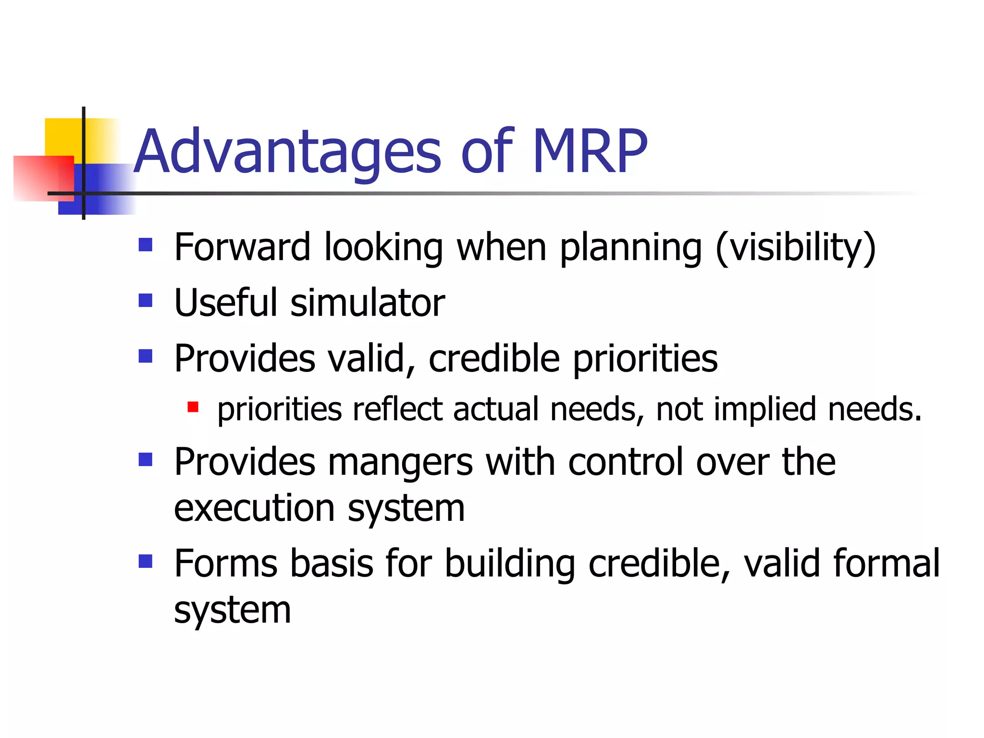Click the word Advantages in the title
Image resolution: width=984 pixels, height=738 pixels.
[x=287, y=152]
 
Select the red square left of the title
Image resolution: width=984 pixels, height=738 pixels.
[x=41, y=178]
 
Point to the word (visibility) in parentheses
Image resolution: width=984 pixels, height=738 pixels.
[x=796, y=248]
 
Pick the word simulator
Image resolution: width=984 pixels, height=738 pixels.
[x=368, y=303]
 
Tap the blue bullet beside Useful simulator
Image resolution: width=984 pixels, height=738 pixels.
[x=146, y=301]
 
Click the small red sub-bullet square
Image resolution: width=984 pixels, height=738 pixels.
[x=193, y=407]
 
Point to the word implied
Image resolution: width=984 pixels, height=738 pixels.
[x=765, y=409]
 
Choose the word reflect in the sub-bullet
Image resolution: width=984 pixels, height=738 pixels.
[x=397, y=409]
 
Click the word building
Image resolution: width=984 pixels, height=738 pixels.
[x=509, y=564]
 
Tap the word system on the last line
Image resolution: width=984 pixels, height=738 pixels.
[x=232, y=611]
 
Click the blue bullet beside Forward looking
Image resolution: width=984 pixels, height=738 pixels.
[x=146, y=245]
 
